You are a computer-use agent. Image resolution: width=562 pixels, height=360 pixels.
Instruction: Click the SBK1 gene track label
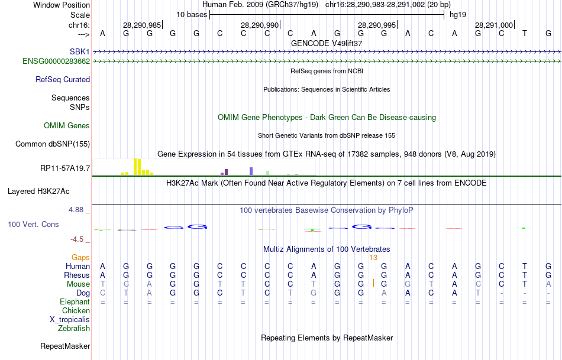pyautogui.click(x=79, y=51)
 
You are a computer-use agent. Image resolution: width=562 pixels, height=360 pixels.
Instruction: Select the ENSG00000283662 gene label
pyautogui.click(x=56, y=61)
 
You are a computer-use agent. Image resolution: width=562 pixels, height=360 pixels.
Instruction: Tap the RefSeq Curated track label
pyautogui.click(x=63, y=79)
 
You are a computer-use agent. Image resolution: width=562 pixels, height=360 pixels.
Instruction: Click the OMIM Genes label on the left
pyautogui.click(x=66, y=125)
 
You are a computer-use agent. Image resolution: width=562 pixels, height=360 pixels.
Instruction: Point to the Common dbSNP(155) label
pyautogui.click(x=53, y=144)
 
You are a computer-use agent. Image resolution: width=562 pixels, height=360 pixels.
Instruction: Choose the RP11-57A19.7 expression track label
pyautogui.click(x=65, y=168)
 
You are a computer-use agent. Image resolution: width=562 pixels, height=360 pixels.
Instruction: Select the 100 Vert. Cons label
pyautogui.click(x=34, y=225)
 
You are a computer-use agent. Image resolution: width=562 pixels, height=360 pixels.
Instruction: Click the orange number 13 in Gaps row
pyautogui.click(x=373, y=257)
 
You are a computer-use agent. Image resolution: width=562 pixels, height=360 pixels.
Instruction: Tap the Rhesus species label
pyautogui.click(x=77, y=275)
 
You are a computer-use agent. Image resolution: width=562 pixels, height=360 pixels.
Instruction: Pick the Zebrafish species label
pyautogui.click(x=74, y=328)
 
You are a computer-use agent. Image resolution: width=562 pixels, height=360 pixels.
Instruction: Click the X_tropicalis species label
pyautogui.click(x=70, y=319)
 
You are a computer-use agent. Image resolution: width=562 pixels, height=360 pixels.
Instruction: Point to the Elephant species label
pyautogui.click(x=75, y=301)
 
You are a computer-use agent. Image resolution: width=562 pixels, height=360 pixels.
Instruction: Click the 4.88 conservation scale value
pyautogui.click(x=77, y=210)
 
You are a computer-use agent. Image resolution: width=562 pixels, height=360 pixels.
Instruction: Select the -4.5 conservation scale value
pyautogui.click(x=79, y=239)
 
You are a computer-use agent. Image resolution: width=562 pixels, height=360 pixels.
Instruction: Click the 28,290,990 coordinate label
pyautogui.click(x=259, y=25)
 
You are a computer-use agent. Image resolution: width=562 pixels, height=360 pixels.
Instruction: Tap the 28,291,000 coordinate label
pyautogui.click(x=494, y=25)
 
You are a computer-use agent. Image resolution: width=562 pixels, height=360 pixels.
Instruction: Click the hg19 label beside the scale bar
pyautogui.click(x=458, y=14)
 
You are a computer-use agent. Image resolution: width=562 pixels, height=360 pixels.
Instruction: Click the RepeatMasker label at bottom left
pyautogui.click(x=65, y=346)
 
